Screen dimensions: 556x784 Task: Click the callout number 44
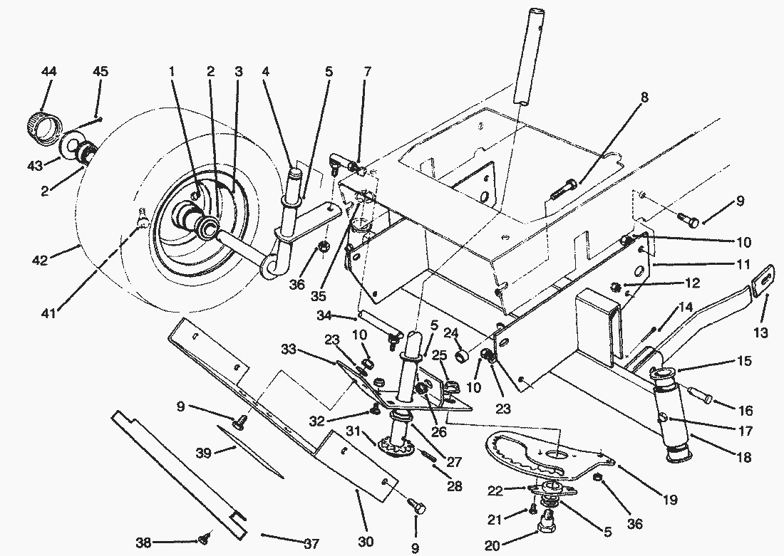49,72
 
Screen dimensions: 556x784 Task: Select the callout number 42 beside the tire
40,260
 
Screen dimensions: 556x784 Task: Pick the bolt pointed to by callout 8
563,189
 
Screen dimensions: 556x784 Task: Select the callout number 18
745,458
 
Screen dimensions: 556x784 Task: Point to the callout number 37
311,544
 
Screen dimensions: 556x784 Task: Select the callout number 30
366,542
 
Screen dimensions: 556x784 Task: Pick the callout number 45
100,72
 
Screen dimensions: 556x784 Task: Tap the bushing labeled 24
463,354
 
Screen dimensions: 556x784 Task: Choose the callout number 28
454,487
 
